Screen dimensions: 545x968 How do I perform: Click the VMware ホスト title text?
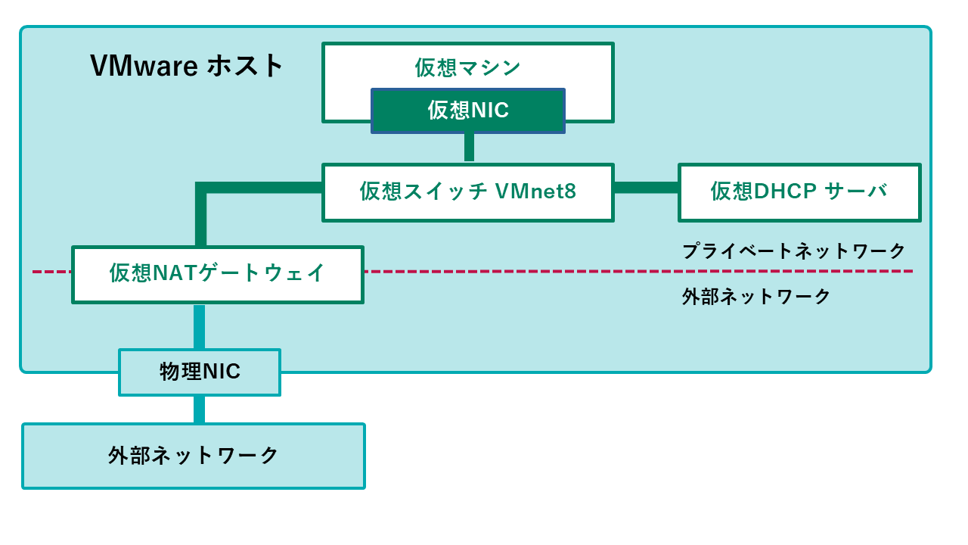(187, 66)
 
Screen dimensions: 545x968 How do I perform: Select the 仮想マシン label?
(467, 67)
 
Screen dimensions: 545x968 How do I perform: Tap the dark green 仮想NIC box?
(467, 111)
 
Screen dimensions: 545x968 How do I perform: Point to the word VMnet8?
(535, 192)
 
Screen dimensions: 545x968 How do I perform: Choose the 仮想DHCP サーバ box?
(799, 192)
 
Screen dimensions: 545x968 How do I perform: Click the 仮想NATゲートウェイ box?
(218, 273)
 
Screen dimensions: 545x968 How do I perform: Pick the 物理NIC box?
(200, 372)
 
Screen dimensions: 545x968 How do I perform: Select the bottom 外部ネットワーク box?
(194, 456)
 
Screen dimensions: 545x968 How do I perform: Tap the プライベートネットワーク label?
(793, 251)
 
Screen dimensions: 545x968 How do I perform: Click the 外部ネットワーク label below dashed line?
(756, 296)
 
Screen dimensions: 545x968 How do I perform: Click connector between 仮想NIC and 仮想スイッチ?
(469, 148)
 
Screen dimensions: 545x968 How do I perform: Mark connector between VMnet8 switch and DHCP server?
(646, 188)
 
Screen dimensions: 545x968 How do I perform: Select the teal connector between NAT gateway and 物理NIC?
(199, 325)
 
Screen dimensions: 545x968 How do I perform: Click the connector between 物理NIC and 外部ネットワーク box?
(199, 410)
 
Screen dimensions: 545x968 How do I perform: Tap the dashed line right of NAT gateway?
(635, 271)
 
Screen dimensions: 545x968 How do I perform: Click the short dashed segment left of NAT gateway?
(51, 271)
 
